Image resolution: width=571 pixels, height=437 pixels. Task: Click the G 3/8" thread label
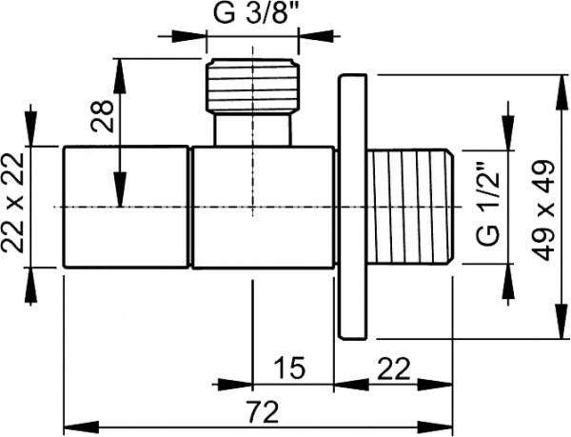252,16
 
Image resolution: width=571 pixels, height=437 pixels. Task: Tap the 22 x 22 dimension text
13,207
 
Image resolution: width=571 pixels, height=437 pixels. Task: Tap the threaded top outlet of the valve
252,86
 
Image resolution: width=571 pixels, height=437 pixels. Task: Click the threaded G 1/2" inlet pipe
414,207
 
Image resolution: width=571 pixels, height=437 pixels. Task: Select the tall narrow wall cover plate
355,207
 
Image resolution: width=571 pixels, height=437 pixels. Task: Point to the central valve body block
262,207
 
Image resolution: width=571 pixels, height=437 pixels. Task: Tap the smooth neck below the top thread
252,130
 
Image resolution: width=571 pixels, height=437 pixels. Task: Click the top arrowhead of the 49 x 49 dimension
556,85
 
